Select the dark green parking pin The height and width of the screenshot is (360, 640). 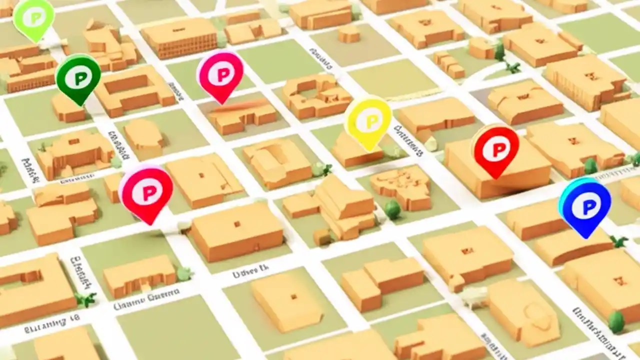(78, 77)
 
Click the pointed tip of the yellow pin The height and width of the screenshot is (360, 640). (369, 150)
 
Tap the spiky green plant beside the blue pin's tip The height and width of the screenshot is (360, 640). (619, 241)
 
